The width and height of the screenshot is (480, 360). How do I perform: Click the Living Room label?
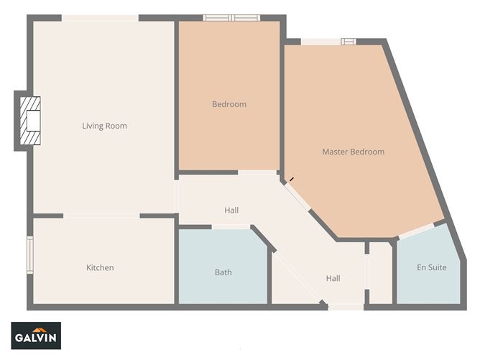click(104, 126)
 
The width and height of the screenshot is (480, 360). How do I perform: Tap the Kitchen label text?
click(100, 268)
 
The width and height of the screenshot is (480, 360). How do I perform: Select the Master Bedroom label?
click(353, 152)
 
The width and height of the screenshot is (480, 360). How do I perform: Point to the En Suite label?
click(432, 268)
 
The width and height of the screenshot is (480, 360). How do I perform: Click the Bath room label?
click(223, 272)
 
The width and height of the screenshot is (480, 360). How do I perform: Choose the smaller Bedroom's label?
click(229, 105)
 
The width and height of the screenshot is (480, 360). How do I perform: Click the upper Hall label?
click(231, 211)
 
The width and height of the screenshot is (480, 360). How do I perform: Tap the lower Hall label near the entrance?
click(333, 279)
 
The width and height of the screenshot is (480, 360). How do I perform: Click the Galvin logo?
click(37, 336)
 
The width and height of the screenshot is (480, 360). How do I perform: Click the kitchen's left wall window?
click(30, 255)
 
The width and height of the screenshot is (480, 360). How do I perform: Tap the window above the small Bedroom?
click(231, 18)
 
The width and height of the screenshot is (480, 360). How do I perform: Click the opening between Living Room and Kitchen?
click(101, 216)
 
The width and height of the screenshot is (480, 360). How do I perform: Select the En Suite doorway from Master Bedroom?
click(417, 231)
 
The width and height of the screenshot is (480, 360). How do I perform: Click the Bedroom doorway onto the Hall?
click(257, 172)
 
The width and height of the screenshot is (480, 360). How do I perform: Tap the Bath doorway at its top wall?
click(231, 227)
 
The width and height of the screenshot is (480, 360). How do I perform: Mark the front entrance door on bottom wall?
click(346, 307)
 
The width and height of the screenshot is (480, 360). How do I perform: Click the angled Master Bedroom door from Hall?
click(296, 196)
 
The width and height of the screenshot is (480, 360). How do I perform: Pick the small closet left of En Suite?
click(381, 273)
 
